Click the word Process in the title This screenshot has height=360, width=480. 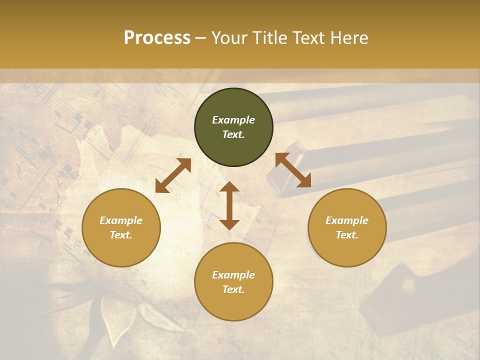(157, 38)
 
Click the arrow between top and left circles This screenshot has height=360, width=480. (173, 175)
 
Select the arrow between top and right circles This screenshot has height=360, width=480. (293, 170)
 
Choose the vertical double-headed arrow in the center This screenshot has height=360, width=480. (229, 205)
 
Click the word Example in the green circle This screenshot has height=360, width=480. (233, 120)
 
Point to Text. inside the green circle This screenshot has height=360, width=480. (233, 134)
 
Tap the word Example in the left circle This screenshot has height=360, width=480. (121, 220)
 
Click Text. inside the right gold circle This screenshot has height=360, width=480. (347, 235)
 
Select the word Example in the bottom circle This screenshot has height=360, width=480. (233, 275)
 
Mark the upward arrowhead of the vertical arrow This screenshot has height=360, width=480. (229, 186)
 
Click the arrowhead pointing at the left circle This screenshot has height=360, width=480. (161, 187)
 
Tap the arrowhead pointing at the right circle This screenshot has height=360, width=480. (304, 181)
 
